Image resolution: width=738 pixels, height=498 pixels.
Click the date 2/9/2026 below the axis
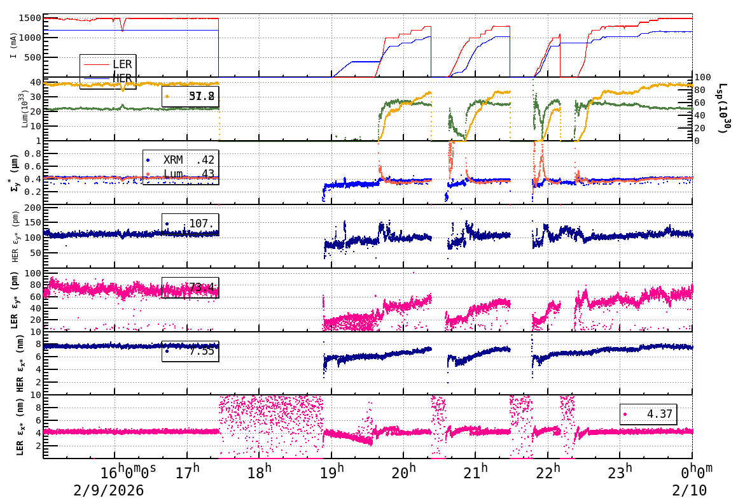108,490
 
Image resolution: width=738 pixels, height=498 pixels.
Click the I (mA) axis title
13,46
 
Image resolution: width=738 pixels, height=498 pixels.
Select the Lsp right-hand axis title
723,108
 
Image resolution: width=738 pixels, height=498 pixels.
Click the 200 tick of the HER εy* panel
31,208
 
